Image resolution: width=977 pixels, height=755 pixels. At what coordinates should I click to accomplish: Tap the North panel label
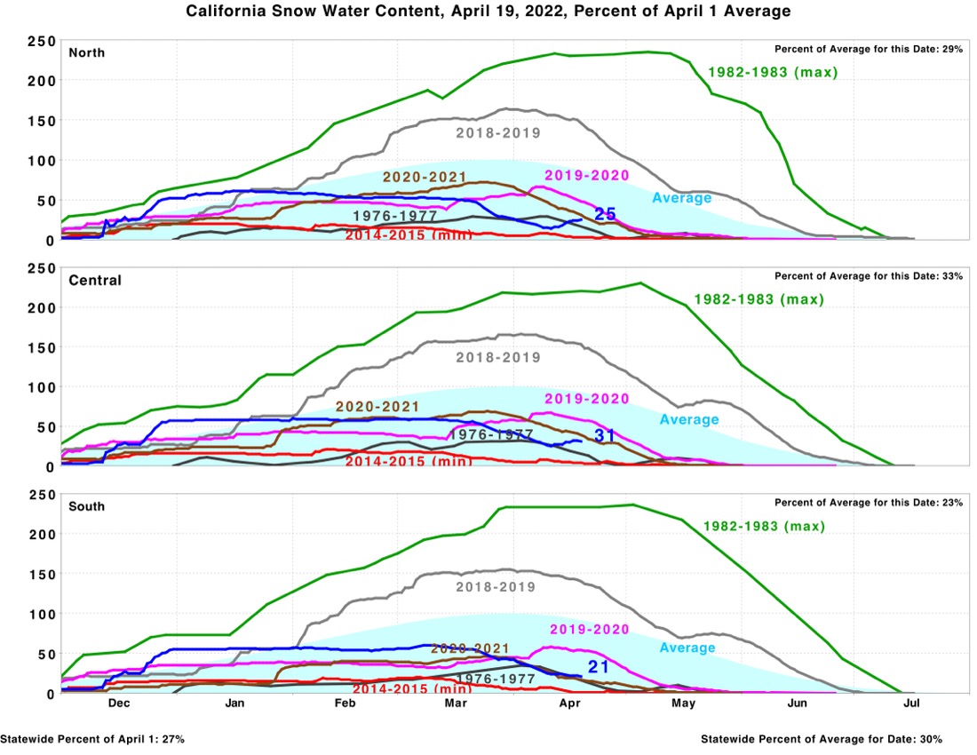(x=87, y=52)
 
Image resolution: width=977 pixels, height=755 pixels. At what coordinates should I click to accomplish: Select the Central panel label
(x=95, y=280)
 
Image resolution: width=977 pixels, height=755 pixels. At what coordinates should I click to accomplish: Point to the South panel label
(x=87, y=506)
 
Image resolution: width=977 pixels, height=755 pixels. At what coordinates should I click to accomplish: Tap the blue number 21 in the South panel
(x=597, y=666)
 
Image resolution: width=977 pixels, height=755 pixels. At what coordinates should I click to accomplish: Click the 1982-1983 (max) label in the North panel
(x=774, y=73)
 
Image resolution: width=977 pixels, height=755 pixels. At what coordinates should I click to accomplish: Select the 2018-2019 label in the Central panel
(x=498, y=358)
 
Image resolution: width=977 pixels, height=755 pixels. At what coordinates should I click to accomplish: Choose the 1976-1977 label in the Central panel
(x=491, y=434)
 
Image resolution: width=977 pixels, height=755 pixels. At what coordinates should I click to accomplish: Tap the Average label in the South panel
(x=687, y=648)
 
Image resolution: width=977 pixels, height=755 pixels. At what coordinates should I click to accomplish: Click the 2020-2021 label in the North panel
(x=425, y=177)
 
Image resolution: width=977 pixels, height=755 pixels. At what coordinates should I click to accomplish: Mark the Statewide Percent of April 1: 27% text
(x=92, y=739)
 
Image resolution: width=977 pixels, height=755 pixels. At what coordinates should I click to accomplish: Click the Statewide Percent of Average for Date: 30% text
(x=822, y=739)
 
